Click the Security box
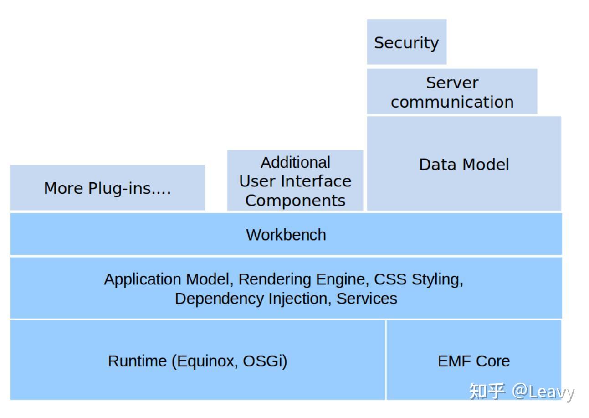[406, 41]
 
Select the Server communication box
[452, 92]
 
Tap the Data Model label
[464, 165]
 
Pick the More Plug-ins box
[108, 187]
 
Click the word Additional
[295, 162]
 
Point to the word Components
[295, 201]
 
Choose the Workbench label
[286, 235]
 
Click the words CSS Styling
[418, 279]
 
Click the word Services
[367, 299]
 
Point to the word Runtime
[137, 361]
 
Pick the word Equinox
[206, 361]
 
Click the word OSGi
[265, 361]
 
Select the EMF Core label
[474, 361]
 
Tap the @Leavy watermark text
[543, 392]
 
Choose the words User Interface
[295, 181]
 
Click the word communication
[452, 102]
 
